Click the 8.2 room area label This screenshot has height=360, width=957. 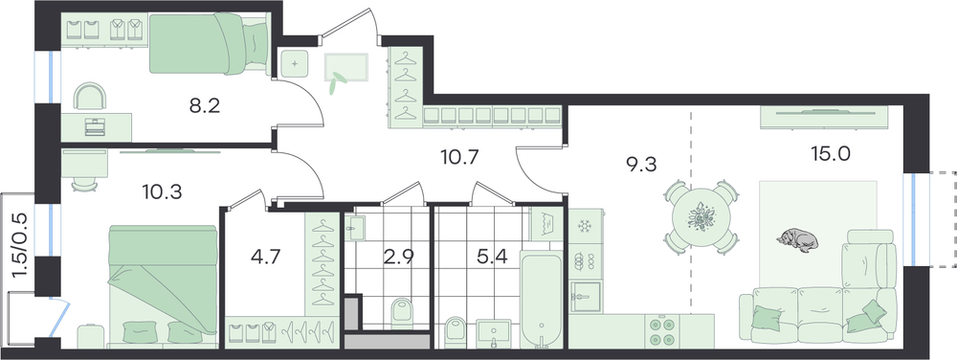click(x=205, y=107)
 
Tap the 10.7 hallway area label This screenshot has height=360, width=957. click(x=459, y=158)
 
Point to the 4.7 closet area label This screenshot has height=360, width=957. click(x=265, y=257)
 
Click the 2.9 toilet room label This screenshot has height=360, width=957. click(x=399, y=257)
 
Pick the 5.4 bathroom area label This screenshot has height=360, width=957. click(x=491, y=257)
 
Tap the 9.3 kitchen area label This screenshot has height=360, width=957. click(x=641, y=164)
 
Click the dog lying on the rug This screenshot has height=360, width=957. click(x=797, y=239)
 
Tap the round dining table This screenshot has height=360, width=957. click(x=701, y=216)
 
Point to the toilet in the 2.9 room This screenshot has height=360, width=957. click(x=401, y=312)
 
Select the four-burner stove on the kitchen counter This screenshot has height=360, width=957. click(x=662, y=331)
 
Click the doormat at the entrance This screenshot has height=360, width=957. click(x=346, y=67)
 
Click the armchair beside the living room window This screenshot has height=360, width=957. click(x=869, y=259)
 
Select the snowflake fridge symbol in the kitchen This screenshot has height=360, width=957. click(x=585, y=226)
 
